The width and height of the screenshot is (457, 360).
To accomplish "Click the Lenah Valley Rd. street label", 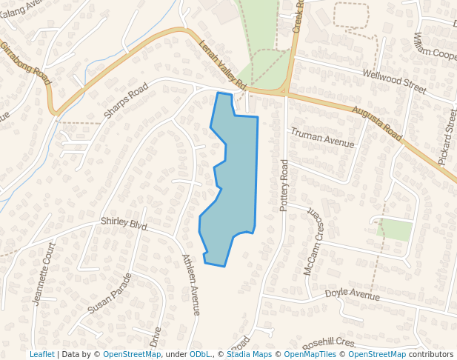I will coord(222,66).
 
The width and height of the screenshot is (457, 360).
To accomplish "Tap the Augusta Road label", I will coord(376,123).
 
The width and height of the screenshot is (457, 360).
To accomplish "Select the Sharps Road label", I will coord(126,101).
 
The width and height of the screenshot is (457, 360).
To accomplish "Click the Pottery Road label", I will coord(284,185).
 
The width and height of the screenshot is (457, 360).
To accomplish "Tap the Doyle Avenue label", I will coord(353,294).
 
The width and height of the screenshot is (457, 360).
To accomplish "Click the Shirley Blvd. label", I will coord(124,224).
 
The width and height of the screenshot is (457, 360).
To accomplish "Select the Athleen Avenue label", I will coord(191,284).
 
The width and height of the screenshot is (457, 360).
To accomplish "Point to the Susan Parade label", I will coord(110,293).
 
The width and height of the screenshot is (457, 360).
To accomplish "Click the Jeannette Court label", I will coord(44,273).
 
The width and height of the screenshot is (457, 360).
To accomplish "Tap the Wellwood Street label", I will coord(394,81).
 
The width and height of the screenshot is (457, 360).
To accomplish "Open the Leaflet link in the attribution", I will coord(42,354).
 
